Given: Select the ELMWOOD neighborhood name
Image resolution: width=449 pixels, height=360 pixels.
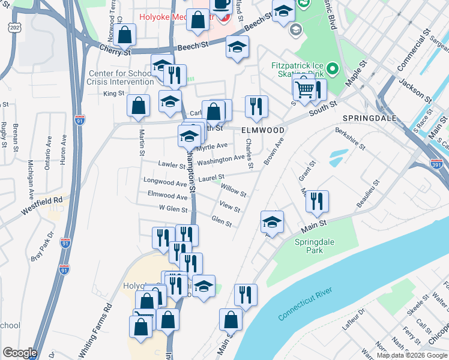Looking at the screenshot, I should coord(262,129).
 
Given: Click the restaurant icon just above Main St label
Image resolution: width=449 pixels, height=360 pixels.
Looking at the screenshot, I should coord(317,202).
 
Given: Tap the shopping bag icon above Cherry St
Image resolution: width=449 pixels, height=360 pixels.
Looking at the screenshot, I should coord(125,35).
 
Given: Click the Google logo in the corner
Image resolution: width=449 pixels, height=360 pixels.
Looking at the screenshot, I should coord(20,353).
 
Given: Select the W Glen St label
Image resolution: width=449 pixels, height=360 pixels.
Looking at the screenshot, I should coord(173,208).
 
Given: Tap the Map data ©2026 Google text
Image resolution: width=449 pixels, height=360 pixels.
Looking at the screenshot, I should coord(412,355).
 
